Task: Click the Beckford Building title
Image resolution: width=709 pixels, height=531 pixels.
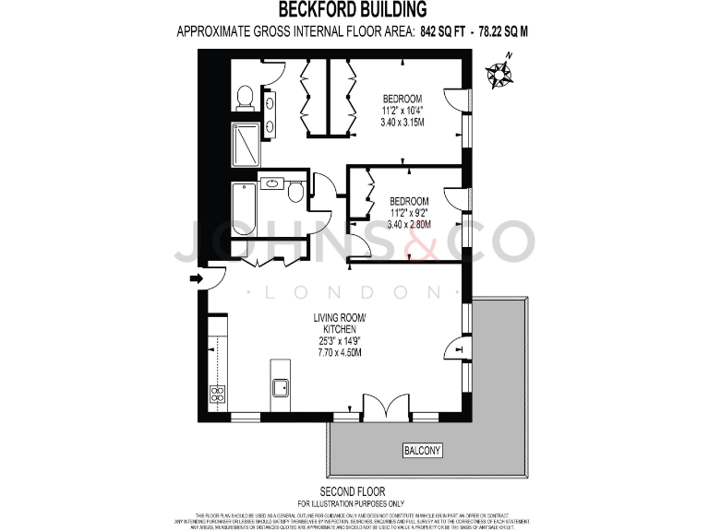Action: coord(354,10)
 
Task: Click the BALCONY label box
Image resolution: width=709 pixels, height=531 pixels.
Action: coord(422,451)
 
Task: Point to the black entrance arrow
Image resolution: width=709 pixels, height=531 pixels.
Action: coord(196,277)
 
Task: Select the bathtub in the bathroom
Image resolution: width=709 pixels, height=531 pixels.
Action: coord(244,208)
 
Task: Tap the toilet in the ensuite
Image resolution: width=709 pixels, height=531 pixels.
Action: coord(245,96)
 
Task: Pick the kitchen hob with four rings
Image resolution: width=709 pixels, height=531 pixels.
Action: coord(219,394)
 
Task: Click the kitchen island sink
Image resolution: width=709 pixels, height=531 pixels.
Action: coord(281,386)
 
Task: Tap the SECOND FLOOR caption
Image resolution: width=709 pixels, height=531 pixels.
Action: coord(353,490)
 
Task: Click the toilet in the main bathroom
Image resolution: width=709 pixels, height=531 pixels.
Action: coord(295,192)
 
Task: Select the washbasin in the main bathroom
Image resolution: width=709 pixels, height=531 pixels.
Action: coord(272,184)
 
